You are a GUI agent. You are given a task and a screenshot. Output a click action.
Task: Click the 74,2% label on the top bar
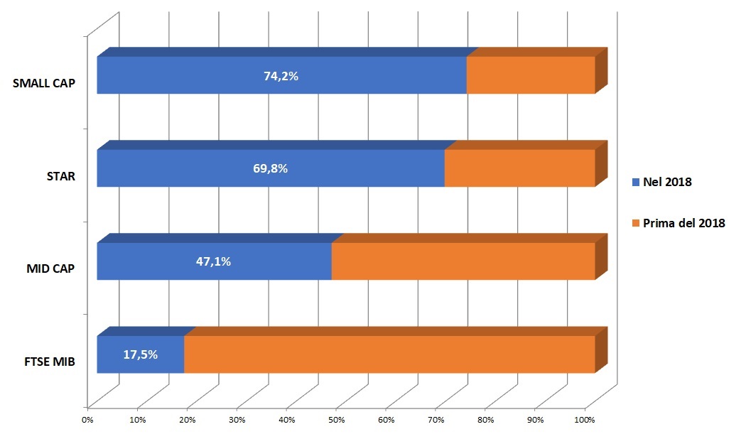point(281,76)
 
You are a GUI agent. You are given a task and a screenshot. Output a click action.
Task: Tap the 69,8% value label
point(270,168)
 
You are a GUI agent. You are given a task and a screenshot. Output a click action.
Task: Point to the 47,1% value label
point(214,261)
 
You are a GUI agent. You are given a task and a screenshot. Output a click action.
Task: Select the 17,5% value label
point(141,354)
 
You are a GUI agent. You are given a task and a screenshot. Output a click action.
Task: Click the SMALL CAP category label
point(44,83)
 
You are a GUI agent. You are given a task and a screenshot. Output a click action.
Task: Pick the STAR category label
point(61,177)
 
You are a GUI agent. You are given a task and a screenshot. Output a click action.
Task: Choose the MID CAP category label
point(50,269)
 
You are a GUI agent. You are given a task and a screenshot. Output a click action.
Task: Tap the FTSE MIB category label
point(50,362)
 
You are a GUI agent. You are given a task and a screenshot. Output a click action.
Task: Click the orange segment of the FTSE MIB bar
point(389,354)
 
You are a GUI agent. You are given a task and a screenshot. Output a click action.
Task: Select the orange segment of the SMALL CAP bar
point(531,75)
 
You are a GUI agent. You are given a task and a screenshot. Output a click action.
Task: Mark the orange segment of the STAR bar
point(520,168)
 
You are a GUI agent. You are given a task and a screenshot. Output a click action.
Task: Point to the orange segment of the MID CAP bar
point(463,261)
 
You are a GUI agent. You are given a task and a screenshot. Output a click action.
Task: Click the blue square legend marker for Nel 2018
point(636,183)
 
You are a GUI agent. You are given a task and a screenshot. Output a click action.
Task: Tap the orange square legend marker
point(636,223)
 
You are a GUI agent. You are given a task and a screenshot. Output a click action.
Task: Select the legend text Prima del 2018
point(684,223)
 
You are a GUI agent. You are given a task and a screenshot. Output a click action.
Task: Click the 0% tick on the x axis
point(87,421)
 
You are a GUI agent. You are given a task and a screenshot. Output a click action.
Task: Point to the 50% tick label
point(336,421)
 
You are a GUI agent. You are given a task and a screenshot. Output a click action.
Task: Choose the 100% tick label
point(585,421)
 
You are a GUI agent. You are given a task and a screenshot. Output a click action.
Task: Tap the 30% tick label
point(237,421)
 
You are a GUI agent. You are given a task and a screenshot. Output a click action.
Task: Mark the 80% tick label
point(485,421)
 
